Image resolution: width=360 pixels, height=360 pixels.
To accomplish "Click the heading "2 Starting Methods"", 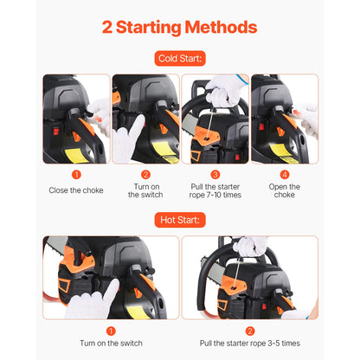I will click(180, 27).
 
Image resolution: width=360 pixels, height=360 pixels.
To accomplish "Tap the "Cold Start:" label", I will click(180, 60).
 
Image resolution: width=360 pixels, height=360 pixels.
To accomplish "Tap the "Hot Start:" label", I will click(180, 220).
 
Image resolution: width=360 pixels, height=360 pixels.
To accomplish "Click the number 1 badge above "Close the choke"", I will click(76, 174).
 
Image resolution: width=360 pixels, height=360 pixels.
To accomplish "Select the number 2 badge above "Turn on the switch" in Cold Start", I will click(145, 174).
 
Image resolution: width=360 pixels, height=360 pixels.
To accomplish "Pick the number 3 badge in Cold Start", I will click(215, 174).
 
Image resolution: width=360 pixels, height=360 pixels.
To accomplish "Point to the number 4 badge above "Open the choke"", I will click(284, 174).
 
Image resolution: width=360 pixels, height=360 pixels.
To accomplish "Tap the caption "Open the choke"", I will click(284, 190).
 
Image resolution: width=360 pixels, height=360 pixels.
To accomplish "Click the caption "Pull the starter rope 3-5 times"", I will click(250, 344).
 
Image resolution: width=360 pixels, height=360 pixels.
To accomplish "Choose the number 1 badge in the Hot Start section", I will click(111, 330).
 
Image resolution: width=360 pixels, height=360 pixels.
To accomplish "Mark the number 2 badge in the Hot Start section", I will click(249, 330).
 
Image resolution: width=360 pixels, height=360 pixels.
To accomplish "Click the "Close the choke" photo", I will click(76, 119).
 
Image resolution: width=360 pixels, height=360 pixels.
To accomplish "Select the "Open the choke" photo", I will click(284, 119).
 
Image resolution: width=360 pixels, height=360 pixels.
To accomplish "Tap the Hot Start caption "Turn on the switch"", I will click(111, 344).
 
